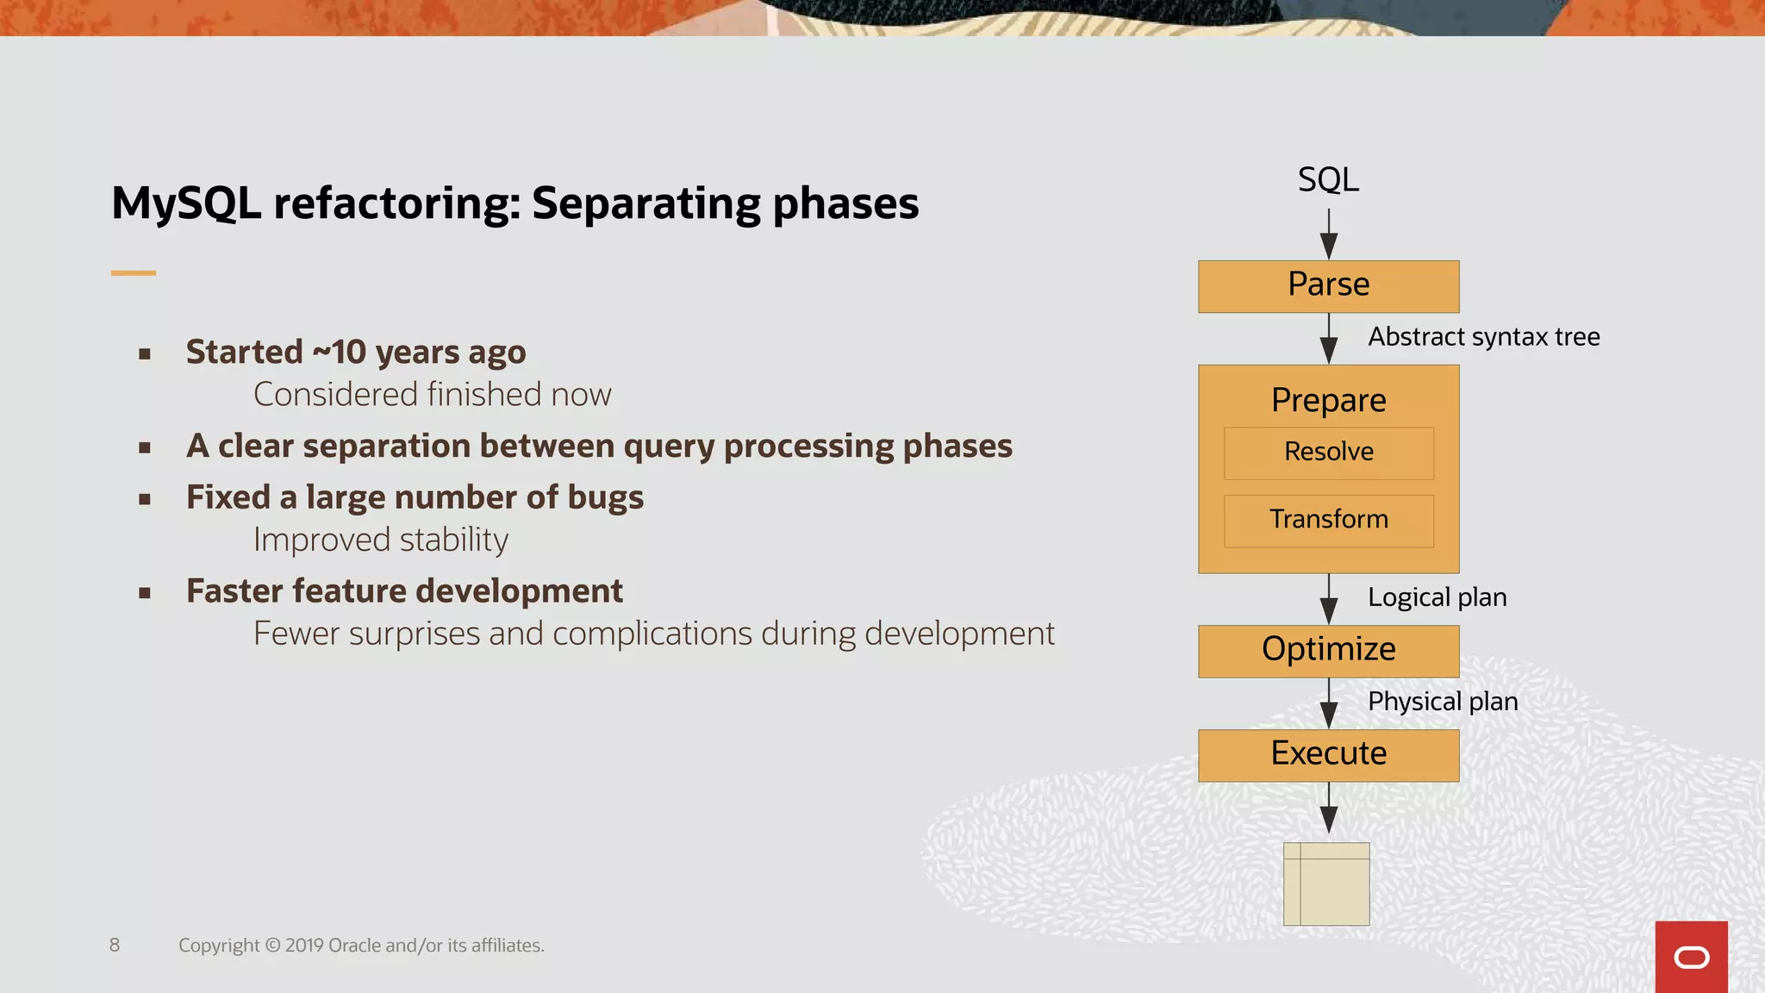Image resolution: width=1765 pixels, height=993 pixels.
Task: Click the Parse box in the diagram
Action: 1328,286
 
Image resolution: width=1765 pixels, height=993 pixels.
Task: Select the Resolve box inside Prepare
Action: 1328,453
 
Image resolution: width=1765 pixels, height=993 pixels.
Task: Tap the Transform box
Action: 1328,520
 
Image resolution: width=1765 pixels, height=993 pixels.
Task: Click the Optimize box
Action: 1328,651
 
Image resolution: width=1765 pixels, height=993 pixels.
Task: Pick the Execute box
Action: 1328,755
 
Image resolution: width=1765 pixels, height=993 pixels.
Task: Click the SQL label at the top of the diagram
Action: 1328,180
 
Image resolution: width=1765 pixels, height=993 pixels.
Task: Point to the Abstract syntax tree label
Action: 1483,337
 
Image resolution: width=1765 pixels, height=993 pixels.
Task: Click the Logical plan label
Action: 1437,597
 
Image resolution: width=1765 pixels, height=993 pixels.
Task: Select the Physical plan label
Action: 1443,702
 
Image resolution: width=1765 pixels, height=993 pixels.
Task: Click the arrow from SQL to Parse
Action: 1329,234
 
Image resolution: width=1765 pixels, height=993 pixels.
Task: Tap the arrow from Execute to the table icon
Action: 1329,809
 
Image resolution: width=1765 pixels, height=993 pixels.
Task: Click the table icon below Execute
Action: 1326,884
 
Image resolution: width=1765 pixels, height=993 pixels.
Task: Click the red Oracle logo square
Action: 1691,957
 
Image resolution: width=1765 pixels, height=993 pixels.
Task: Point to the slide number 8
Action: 115,945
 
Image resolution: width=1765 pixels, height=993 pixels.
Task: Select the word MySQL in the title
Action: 186,204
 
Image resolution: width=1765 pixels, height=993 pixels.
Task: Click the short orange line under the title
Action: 134,273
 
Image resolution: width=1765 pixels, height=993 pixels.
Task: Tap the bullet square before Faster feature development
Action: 145,593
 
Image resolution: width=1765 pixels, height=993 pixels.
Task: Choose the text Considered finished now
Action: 432,395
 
